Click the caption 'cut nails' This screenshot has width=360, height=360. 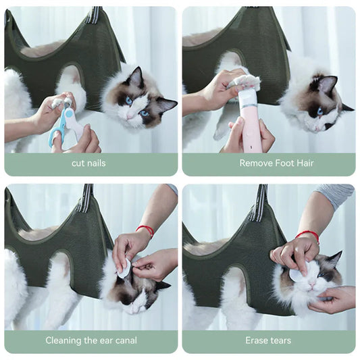[x=88, y=163]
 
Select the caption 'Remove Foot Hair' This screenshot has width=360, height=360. [x=276, y=163]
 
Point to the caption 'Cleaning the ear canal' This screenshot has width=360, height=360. [x=91, y=340]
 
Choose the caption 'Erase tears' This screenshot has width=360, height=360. [x=268, y=340]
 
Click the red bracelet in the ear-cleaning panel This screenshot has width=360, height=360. [x=146, y=230]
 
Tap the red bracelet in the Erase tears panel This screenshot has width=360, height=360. [x=308, y=236]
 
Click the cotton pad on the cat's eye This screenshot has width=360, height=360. [x=297, y=272]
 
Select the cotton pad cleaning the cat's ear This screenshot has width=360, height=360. [x=124, y=268]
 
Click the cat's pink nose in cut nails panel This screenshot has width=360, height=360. [x=129, y=116]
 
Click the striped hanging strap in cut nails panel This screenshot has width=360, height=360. [x=93, y=14]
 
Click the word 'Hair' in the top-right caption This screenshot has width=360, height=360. [x=305, y=163]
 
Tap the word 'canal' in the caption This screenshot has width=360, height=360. [x=126, y=340]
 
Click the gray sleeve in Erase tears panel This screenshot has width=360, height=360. [x=335, y=197]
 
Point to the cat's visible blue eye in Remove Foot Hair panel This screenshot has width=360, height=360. [x=320, y=111]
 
